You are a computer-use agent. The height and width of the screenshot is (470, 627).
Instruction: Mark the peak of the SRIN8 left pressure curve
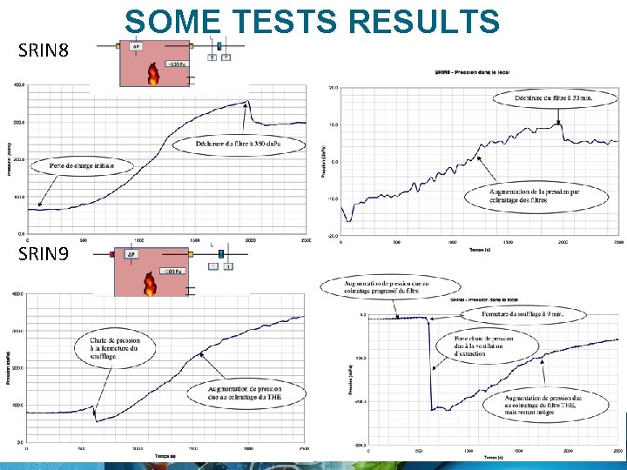point(247,102)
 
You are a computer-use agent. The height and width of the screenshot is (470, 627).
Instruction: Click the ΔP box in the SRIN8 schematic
point(135,46)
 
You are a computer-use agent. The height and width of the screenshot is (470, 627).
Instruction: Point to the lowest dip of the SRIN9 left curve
point(97,421)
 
